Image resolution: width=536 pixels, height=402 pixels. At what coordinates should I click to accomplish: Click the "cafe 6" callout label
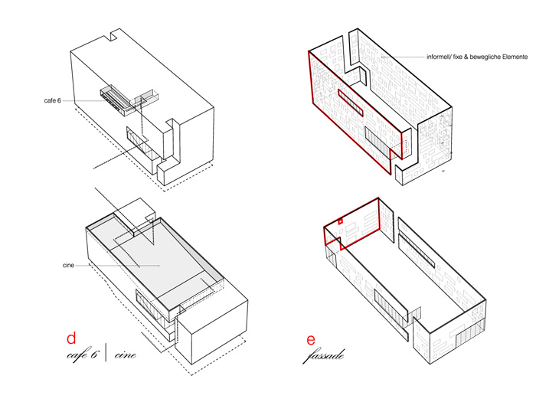coord(52,100)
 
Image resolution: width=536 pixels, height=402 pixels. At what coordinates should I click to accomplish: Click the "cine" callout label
coord(68,265)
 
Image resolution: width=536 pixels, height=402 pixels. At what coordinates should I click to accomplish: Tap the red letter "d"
coord(71,338)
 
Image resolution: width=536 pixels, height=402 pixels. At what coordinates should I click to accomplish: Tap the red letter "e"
coord(311,340)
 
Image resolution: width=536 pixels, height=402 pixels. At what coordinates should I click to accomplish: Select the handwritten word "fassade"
coord(324,356)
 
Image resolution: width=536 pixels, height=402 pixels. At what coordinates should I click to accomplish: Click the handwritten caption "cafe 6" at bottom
coord(83,355)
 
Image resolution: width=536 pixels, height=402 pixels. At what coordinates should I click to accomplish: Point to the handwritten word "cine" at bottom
coord(125,355)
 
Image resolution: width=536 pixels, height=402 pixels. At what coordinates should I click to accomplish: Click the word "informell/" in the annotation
coord(439,57)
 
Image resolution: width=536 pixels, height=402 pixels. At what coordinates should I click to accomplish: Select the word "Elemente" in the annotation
coord(515,57)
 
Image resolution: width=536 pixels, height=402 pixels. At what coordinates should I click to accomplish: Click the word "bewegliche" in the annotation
coord(485,57)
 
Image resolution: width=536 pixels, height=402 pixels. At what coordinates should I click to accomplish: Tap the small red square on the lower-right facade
coord(340,221)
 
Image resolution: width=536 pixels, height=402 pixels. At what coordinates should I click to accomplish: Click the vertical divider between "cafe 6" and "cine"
coord(106,353)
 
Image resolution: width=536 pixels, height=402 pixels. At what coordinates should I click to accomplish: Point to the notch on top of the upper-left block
coord(114,36)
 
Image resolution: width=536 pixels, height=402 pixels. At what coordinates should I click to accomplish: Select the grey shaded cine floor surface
coord(161,260)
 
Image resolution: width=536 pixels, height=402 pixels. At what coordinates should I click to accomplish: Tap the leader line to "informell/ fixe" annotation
coord(403,57)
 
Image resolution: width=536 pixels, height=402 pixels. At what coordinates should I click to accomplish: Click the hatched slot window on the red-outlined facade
coord(351,102)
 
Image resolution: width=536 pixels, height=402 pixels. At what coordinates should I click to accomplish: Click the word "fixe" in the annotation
coord(458,57)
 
